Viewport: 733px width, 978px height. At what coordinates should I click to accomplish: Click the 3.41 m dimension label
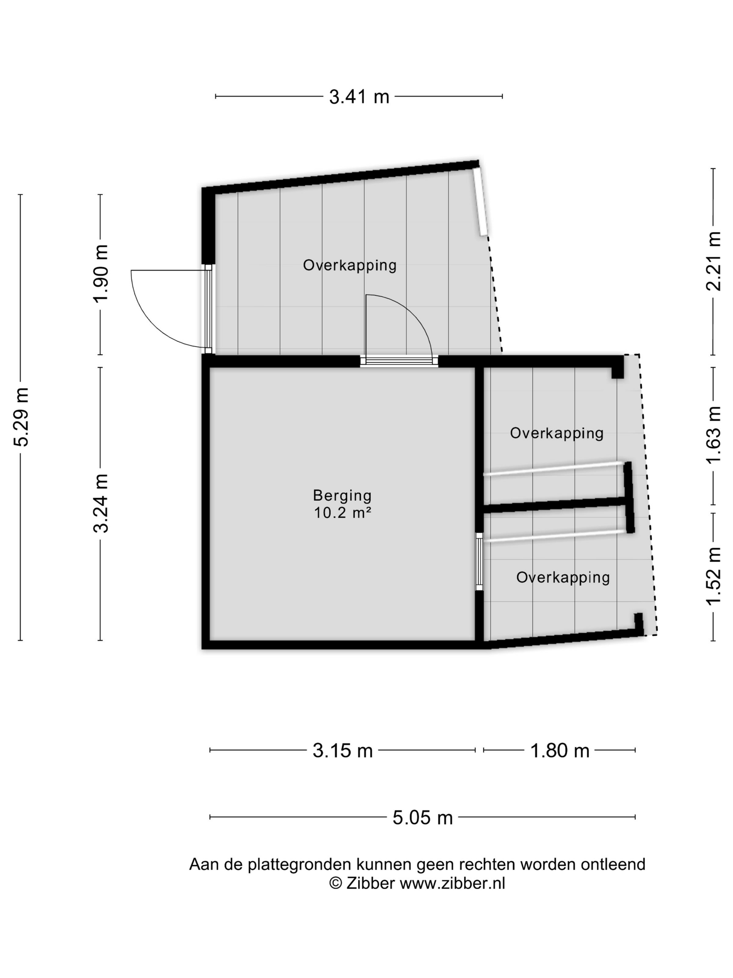pos(359,96)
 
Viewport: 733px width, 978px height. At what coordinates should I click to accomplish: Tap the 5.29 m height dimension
pos(22,417)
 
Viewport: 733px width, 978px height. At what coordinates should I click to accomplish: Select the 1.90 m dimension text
pos(101,273)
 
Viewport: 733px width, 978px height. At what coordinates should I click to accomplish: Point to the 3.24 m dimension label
pos(101,504)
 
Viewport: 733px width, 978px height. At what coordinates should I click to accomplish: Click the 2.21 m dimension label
pos(713,261)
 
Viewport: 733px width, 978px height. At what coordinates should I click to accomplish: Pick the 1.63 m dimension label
pos(713,435)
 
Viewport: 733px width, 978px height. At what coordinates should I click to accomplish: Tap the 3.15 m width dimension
pos(342,751)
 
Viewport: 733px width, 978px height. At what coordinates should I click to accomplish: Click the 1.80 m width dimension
pos(560,751)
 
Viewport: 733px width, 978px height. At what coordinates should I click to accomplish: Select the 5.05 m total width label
pos(423,818)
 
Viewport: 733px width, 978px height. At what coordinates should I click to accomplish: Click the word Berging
pos(342,496)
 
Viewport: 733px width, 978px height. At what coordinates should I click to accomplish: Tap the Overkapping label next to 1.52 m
pos(563,577)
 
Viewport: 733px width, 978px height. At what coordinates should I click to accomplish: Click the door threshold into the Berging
pos(399,361)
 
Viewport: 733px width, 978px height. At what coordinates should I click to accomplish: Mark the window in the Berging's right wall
pos(479,562)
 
